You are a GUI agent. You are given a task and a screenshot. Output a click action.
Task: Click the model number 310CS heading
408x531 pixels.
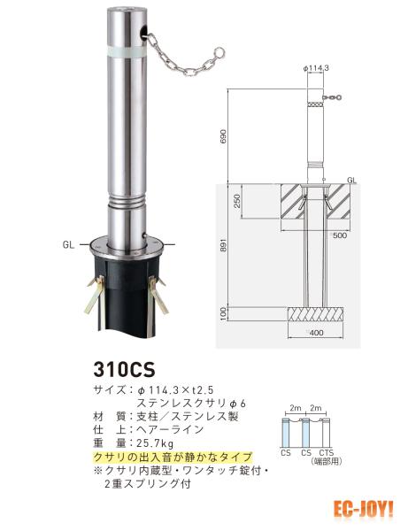coord(124,369)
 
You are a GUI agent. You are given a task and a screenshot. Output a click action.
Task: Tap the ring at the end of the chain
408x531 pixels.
coord(220,52)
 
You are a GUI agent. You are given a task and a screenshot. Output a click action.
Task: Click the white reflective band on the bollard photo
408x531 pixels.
coord(127,52)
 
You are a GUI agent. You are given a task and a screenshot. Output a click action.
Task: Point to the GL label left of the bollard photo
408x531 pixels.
coord(68,244)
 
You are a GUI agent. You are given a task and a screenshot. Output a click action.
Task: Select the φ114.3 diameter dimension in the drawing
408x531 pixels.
coord(316,68)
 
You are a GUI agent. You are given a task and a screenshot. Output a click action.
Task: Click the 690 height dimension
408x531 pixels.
coord(223,135)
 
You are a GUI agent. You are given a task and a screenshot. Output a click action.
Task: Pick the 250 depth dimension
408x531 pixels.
coord(237,201)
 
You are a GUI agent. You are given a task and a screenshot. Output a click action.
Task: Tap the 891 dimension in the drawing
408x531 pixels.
coord(223,244)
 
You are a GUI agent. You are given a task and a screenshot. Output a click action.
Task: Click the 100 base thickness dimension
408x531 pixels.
coord(223,313)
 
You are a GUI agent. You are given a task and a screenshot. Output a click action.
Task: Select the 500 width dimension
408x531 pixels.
coord(339,235)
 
